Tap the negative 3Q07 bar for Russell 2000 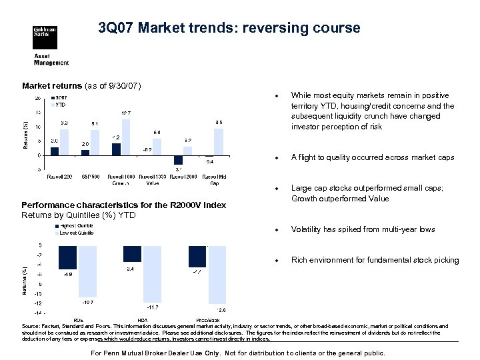(178, 160)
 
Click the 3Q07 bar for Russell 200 (55, 151)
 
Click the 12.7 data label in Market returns (125, 113)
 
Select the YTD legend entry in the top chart (59, 105)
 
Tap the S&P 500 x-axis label (90, 177)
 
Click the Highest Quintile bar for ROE (67, 257)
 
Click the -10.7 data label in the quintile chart (87, 302)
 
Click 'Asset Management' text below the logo (51, 59)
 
